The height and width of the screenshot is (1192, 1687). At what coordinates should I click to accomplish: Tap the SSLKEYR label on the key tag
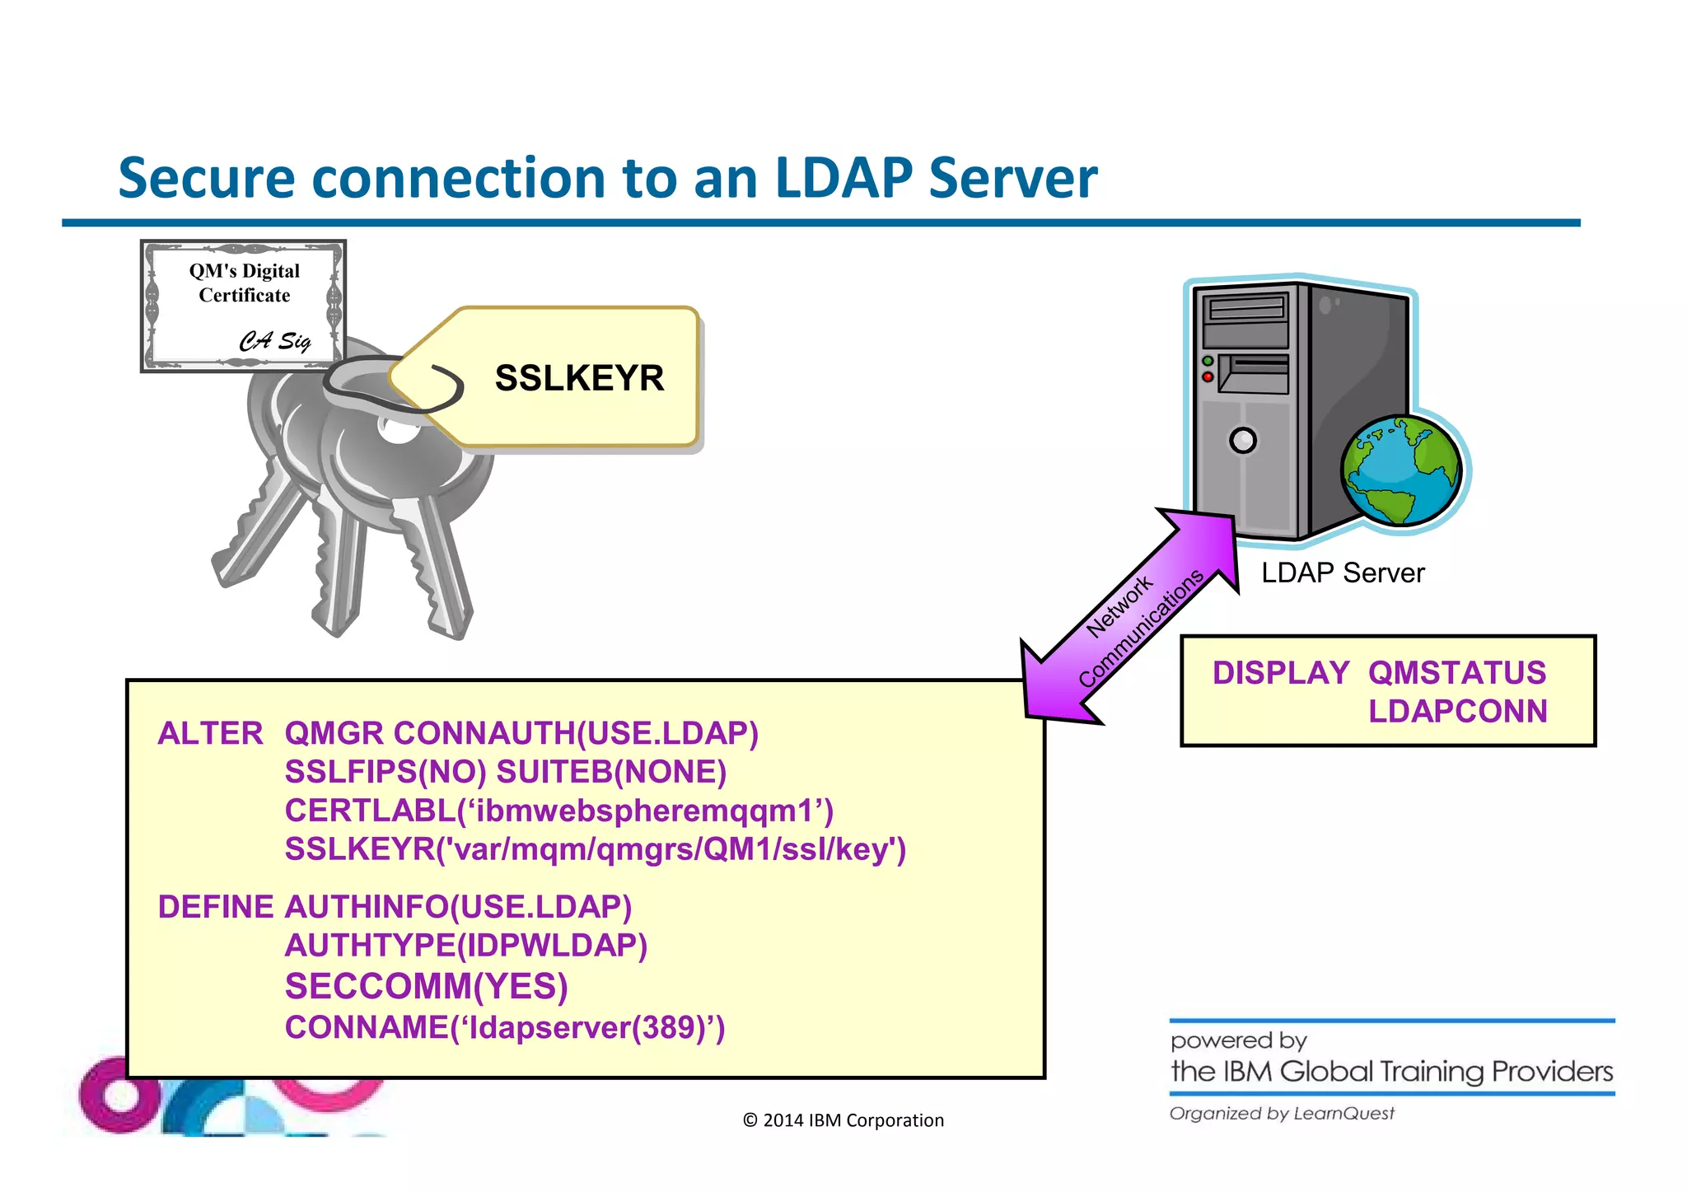click(x=579, y=378)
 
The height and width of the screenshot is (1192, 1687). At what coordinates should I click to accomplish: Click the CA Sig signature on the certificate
click(x=275, y=340)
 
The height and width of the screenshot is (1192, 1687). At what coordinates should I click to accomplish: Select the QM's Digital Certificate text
click(x=244, y=283)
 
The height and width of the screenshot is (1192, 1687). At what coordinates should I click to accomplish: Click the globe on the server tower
click(x=1401, y=470)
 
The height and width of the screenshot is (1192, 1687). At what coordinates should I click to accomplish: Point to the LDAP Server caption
click(x=1342, y=573)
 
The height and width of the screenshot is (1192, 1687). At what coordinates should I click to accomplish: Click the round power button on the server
click(x=1243, y=441)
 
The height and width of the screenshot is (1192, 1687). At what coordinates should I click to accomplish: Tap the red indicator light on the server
click(x=1208, y=377)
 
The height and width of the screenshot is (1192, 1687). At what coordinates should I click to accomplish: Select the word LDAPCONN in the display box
click(x=1457, y=711)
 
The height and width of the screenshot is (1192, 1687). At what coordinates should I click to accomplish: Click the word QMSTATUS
click(x=1456, y=673)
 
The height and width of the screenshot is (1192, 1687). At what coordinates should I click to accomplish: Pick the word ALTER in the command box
click(x=210, y=733)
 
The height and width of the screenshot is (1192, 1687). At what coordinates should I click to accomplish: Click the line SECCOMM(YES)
click(x=426, y=986)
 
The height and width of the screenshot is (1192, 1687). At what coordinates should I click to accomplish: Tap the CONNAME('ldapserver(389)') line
click(x=504, y=1027)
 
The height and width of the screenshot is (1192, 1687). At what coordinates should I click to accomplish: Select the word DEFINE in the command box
click(x=215, y=907)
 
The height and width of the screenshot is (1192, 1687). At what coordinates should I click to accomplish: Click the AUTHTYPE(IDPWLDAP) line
click(x=465, y=946)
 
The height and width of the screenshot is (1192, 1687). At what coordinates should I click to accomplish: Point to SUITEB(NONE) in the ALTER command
click(x=611, y=772)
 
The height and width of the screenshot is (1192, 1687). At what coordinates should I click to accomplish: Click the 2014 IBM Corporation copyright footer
click(x=843, y=1120)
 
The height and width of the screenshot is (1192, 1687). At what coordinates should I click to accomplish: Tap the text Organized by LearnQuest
click(x=1282, y=1114)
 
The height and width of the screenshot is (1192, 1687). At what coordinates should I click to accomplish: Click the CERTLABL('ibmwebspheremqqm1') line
click(x=558, y=811)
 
